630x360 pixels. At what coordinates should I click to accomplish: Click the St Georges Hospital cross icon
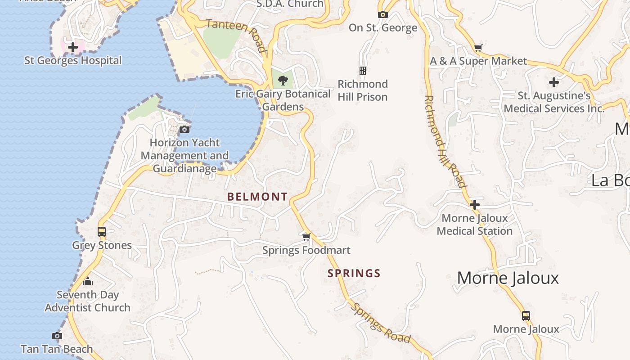tap(73, 47)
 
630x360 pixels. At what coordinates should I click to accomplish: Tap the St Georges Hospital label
tap(73, 60)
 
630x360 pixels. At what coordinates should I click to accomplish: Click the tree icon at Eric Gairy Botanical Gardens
tap(283, 81)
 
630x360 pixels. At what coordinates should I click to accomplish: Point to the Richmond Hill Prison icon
tap(363, 71)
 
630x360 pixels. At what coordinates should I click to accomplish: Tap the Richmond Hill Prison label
tap(363, 90)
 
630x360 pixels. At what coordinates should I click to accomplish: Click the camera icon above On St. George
tap(383, 14)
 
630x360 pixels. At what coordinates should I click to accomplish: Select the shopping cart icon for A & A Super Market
tap(478, 48)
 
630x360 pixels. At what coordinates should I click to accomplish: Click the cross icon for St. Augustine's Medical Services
tap(554, 82)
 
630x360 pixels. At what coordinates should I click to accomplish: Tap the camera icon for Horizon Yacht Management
tap(184, 130)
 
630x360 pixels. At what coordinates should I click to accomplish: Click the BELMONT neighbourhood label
tap(257, 197)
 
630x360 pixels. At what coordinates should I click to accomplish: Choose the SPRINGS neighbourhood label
tap(354, 273)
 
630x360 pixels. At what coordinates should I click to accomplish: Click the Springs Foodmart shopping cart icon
tap(306, 237)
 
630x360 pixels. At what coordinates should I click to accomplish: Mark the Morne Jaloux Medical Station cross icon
tap(475, 205)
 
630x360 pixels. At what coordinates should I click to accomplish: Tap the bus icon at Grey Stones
tap(102, 232)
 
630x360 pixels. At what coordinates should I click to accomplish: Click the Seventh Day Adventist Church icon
tap(88, 282)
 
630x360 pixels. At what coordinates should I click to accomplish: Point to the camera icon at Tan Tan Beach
tap(57, 336)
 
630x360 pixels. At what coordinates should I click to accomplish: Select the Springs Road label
tap(381, 323)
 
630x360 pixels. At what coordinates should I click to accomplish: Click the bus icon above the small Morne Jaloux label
tap(526, 315)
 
